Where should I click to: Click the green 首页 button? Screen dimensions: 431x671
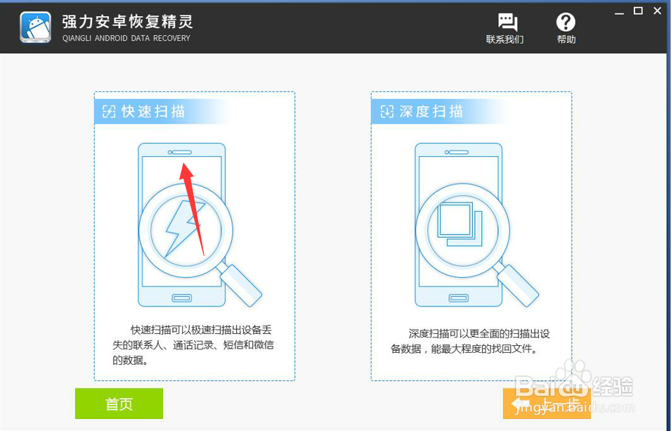[x=119, y=404]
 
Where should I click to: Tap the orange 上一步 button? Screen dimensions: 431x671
[x=547, y=404]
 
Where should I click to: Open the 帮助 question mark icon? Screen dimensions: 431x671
[x=566, y=22]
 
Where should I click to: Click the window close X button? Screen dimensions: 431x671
[x=658, y=11]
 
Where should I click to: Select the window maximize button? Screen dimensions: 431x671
[x=638, y=11]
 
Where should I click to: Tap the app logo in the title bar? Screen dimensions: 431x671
[x=35, y=27]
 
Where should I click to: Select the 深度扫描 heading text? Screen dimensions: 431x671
[x=431, y=111]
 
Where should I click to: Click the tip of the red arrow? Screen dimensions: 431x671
[x=183, y=165]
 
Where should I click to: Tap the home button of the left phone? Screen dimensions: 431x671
[x=182, y=297]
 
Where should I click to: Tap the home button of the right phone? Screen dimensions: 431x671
[x=459, y=297]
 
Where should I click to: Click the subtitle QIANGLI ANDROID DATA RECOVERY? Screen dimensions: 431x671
[x=126, y=39]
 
